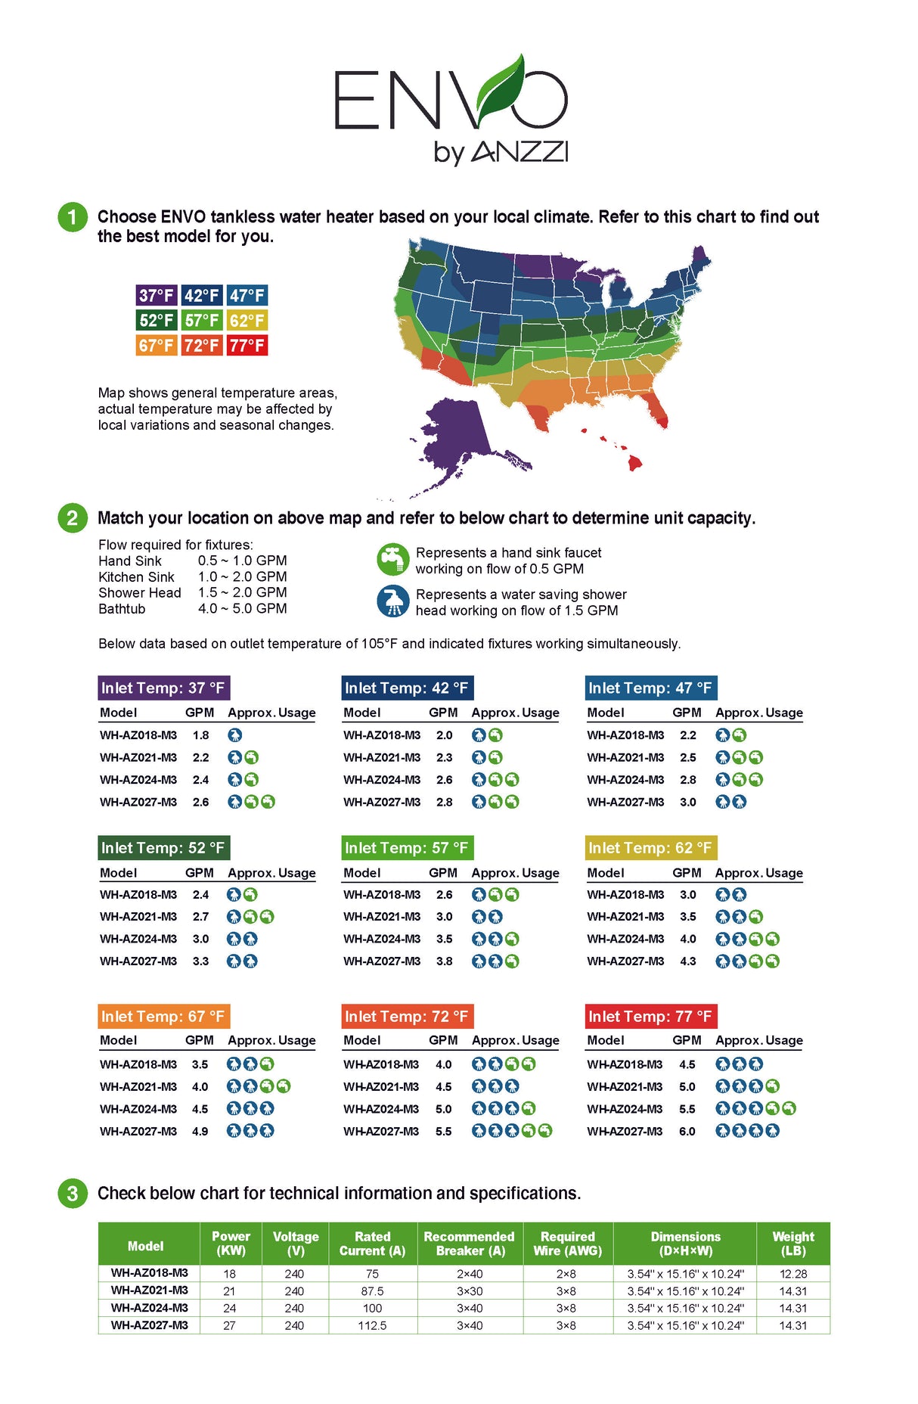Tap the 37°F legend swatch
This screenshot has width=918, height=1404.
[157, 295]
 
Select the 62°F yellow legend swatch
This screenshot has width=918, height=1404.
[247, 320]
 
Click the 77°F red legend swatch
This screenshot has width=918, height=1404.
[247, 346]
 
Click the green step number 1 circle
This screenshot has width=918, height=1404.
[73, 218]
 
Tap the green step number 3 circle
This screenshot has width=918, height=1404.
[73, 1194]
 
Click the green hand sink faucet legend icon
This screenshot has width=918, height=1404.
[392, 560]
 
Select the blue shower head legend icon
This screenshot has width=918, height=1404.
[392, 601]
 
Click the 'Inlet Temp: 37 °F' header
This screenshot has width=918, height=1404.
[163, 688]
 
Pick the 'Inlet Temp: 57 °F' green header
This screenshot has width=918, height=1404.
[407, 848]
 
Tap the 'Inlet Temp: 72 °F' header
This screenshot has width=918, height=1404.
[407, 1016]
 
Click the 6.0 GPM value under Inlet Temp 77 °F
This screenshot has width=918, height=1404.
[687, 1131]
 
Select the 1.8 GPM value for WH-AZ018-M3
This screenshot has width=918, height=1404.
[200, 735]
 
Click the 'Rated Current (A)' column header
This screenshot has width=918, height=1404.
[372, 1244]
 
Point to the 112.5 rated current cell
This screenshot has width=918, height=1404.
[372, 1325]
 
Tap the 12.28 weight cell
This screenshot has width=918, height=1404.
[793, 1274]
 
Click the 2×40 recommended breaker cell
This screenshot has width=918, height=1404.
[470, 1274]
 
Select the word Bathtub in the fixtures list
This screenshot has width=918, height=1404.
[122, 609]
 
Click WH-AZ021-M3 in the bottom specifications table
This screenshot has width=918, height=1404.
[149, 1291]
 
